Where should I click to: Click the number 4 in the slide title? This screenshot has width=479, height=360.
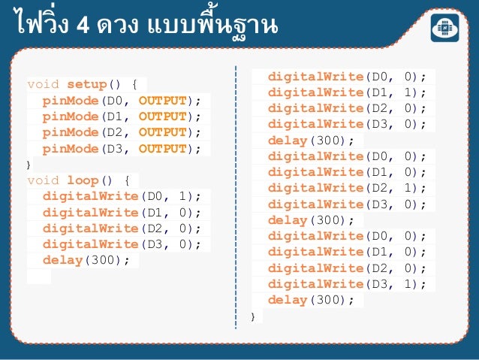tap(83, 26)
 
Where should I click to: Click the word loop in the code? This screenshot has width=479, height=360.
tap(83, 180)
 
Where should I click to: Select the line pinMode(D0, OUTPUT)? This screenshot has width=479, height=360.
tap(122, 101)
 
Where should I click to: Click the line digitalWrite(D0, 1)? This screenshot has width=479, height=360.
tap(122, 196)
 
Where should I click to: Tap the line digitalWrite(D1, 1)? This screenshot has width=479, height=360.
tap(346, 92)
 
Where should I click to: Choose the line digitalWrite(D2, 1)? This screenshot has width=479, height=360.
tap(346, 188)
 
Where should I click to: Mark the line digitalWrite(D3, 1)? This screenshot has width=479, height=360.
tap(346, 284)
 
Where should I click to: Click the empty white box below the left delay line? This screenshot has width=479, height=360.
tap(39, 276)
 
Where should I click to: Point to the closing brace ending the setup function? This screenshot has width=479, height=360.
tap(29, 164)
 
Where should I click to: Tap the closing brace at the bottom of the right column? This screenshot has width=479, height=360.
tap(254, 316)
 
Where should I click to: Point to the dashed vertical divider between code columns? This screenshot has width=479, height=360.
tap(236, 195)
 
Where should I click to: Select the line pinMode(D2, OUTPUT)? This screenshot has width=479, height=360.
tap(122, 132)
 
